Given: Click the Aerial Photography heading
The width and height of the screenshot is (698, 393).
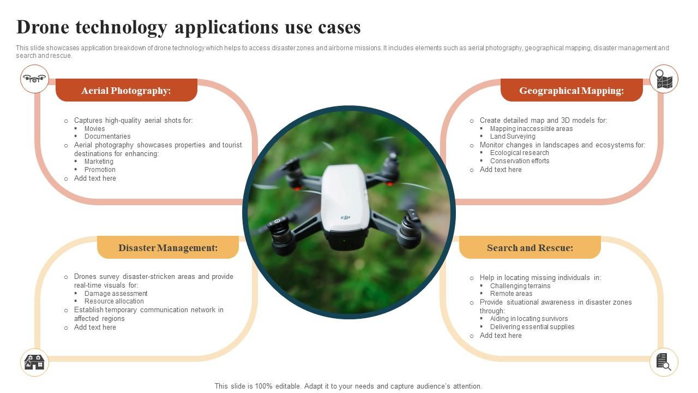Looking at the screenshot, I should [126, 91].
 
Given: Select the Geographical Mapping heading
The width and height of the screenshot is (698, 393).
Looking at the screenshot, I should [571, 91].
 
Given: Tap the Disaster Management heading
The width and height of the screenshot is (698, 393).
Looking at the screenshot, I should [168, 248].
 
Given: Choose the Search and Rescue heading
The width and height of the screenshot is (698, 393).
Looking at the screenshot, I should [530, 248].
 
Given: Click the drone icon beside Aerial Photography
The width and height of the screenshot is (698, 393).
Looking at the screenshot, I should [34, 79].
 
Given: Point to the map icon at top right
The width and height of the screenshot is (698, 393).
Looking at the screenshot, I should [664, 79].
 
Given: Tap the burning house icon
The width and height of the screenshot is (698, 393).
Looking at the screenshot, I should [34, 362].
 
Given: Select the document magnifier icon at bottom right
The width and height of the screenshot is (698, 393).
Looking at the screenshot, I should [664, 362].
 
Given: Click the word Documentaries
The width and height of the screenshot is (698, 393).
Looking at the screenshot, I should [107, 136].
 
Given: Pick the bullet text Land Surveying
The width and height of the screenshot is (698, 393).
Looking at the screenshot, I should [513, 136].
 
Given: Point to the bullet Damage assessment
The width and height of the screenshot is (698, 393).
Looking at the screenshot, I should [116, 294].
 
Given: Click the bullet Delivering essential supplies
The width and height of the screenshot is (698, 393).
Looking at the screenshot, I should [532, 327].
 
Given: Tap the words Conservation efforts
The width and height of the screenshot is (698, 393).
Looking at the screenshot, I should [520, 161].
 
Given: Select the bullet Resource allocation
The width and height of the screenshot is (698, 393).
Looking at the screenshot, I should [114, 301].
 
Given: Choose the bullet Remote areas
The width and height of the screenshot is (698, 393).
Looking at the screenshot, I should [511, 294].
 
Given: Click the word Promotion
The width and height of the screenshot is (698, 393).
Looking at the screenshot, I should [100, 170].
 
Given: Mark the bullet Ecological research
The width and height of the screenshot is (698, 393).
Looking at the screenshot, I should [520, 153].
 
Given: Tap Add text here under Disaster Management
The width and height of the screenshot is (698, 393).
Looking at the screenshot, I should [95, 327].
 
